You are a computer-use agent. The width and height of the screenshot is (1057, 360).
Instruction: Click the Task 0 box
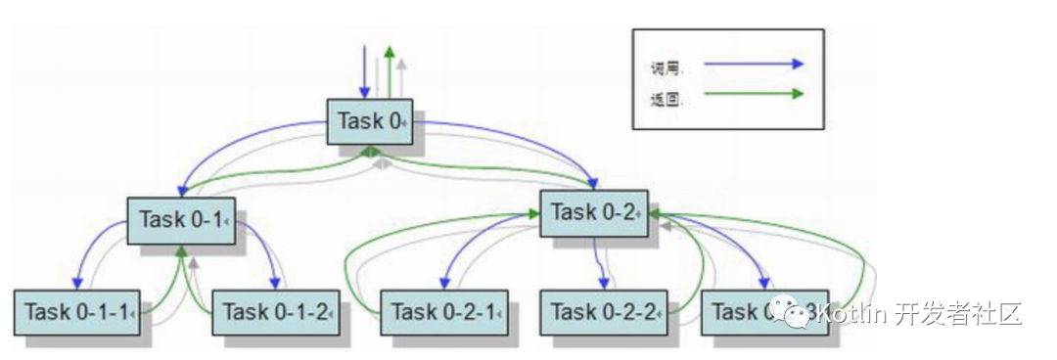pos(370,122)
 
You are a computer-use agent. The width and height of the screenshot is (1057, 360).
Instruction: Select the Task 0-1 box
pos(182,219)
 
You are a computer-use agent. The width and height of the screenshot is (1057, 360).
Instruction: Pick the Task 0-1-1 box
pos(77,312)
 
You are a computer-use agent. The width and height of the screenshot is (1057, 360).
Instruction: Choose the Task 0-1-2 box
pos(276,312)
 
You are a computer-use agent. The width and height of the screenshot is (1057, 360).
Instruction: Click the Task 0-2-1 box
pos(443,312)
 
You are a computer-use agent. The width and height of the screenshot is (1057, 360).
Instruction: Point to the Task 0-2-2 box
pos(604,312)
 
